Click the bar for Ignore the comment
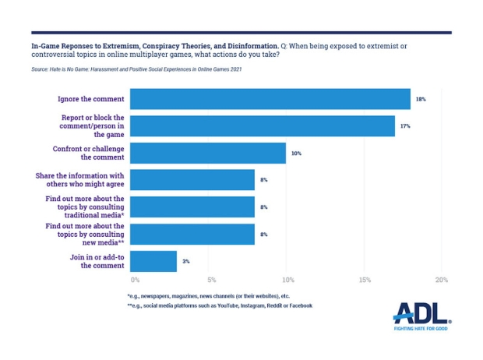tap(270, 99)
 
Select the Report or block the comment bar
tap(262, 125)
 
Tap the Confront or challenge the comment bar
tap(207, 153)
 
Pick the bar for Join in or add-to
tap(153, 261)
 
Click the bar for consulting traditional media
tap(192, 206)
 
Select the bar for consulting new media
tap(192, 234)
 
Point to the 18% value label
tap(421, 100)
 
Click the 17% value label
tap(405, 126)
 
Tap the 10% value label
tap(296, 154)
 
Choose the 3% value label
tap(186, 262)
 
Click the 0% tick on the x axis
tap(135, 280)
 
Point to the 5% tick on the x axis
tap(211, 280)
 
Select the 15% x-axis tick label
tap(365, 280)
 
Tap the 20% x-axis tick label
tap(442, 280)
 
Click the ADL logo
tap(421, 312)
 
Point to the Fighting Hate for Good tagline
tap(421, 329)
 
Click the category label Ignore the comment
tap(90, 99)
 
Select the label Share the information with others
tap(79, 180)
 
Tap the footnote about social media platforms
tap(220, 305)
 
